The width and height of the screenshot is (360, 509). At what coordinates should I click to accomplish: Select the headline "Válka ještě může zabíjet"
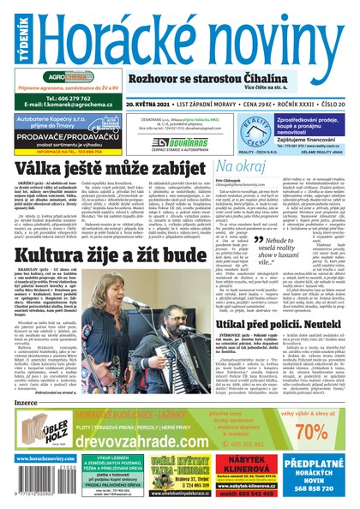click(x=101, y=170)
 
